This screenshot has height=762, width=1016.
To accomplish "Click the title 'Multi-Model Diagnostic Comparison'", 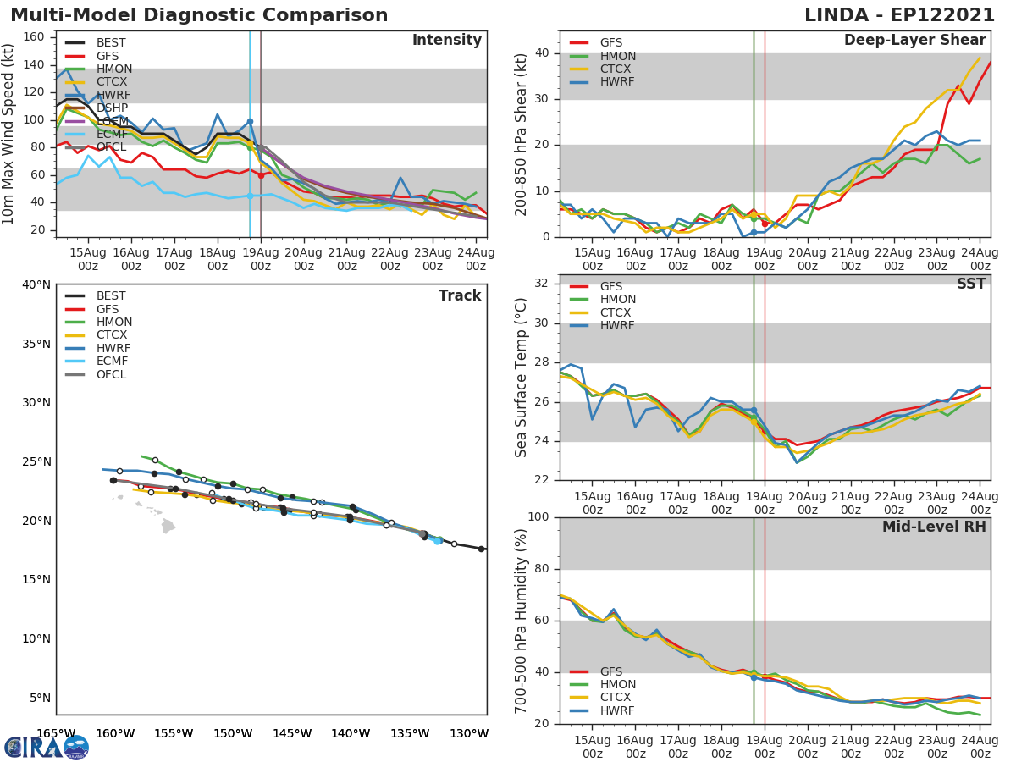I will [199, 15].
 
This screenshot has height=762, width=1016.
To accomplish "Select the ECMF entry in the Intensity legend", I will [112, 135].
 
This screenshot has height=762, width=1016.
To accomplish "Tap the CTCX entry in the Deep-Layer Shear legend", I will [616, 69].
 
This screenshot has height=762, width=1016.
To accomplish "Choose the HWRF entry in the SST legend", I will [616, 326].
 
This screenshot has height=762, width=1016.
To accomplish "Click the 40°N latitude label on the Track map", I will [36, 284].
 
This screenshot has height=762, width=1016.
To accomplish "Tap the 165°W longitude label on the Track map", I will [56, 733].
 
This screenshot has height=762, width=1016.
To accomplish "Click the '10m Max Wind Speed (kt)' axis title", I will [9, 134].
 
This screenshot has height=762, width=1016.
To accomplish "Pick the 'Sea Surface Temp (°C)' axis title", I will [522, 378].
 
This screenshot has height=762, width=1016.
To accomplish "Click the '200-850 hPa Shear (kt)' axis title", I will [522, 134].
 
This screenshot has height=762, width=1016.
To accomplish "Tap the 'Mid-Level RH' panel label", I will [934, 527].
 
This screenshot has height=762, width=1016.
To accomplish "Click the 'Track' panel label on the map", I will [460, 295].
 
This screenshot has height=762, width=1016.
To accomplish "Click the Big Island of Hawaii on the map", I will [168, 526].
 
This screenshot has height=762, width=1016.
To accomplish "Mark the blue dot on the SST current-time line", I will [754, 411].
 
